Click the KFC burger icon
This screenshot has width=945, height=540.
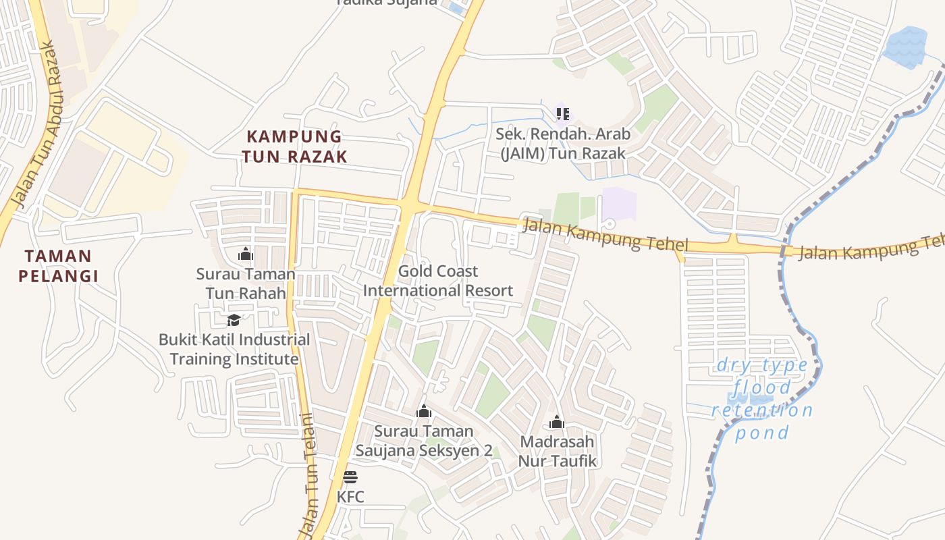click(350, 477)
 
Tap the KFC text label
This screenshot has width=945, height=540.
click(350, 497)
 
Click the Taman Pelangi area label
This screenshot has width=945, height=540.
click(58, 266)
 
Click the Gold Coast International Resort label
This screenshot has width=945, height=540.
click(438, 281)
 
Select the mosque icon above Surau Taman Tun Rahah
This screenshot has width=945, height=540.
click(245, 254)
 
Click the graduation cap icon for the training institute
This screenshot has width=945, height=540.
click(234, 320)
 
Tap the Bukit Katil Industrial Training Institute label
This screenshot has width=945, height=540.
click(234, 349)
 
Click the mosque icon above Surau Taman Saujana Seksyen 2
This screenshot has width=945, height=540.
click(424, 411)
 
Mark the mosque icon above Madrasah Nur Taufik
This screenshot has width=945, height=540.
click(557, 423)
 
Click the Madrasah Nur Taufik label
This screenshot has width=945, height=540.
click(557, 452)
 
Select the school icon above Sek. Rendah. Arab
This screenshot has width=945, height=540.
click(563, 113)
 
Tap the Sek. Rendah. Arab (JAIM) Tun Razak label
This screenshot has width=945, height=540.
click(563, 144)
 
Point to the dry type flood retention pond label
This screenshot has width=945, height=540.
click(762, 399)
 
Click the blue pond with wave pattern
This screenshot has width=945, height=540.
click(906, 47)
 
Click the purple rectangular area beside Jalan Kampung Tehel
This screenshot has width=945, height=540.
click(619, 204)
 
